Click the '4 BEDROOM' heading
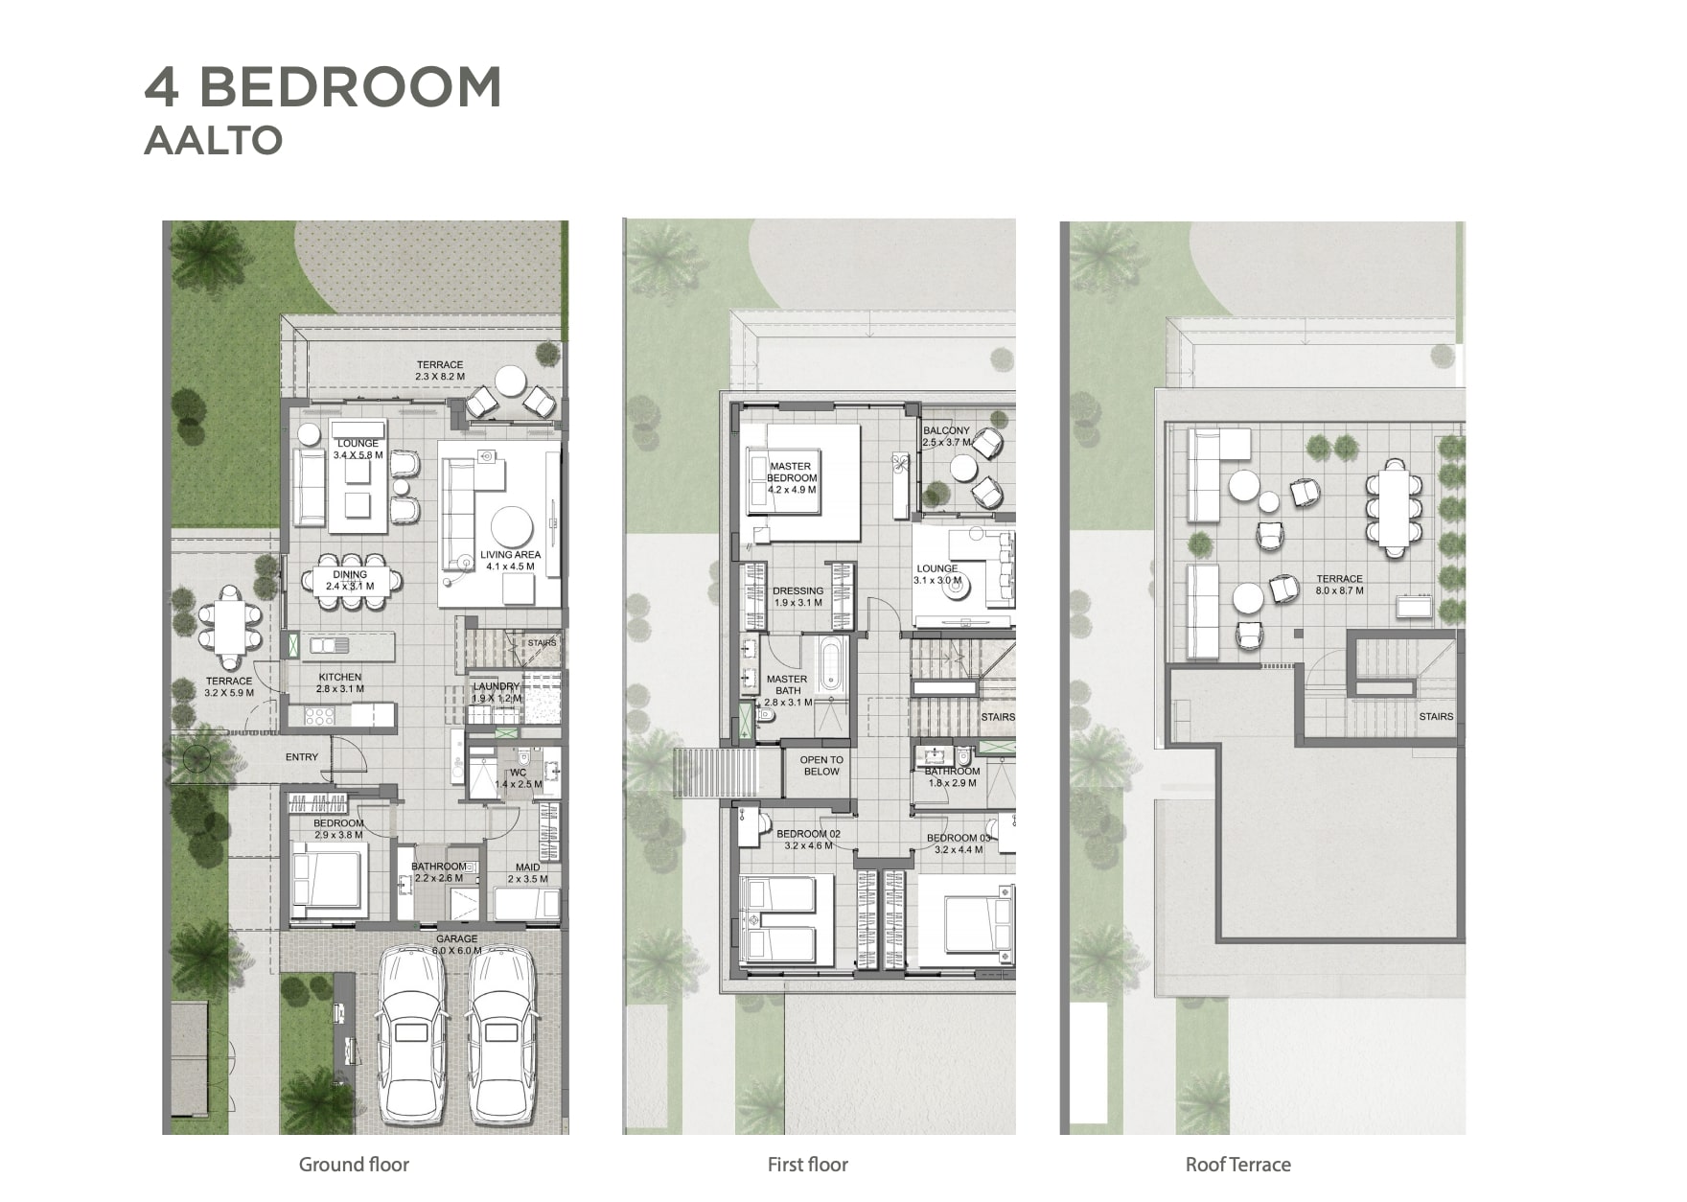[x=323, y=87]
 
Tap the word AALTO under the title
[x=213, y=140]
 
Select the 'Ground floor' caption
[x=354, y=1165]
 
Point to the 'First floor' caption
[x=808, y=1165]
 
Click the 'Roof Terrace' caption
[x=1237, y=1165]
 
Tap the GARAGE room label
[x=456, y=939]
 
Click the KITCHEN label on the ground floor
[x=340, y=677]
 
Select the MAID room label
[x=527, y=867]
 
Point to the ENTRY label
[x=302, y=757]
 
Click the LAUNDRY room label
[x=497, y=686]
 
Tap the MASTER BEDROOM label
[x=792, y=473]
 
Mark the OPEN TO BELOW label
[x=821, y=766]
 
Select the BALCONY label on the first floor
[x=946, y=431]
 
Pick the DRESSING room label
[x=797, y=591]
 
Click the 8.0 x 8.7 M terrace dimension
[x=1339, y=590]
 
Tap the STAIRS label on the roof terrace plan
[x=1436, y=716]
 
